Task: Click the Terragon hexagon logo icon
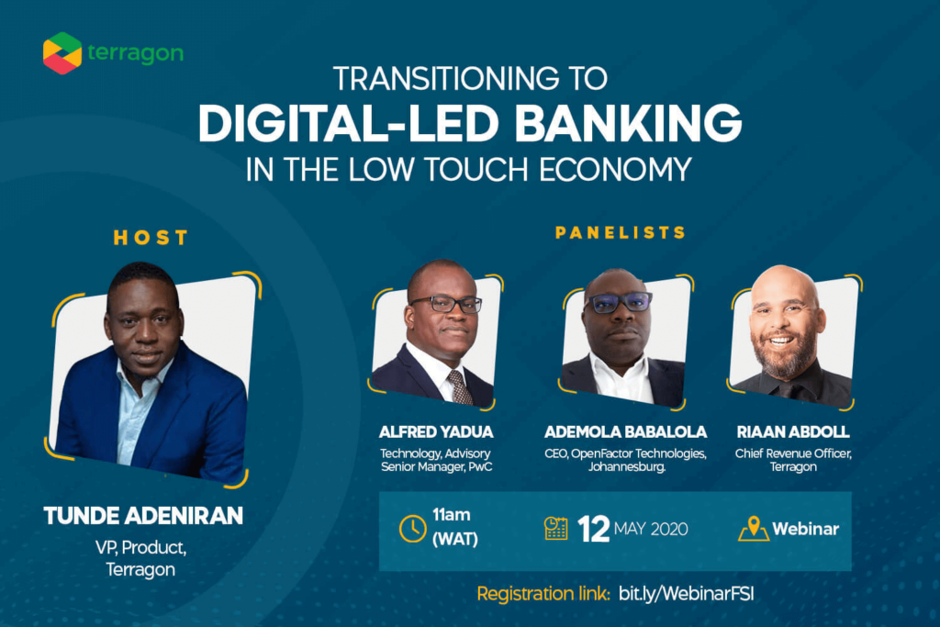point(62,53)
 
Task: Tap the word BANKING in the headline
point(628,124)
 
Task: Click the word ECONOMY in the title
point(616,169)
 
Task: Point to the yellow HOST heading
point(151,238)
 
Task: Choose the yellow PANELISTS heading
point(621,232)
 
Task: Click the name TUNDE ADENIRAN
point(143,516)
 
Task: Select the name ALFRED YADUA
point(436,432)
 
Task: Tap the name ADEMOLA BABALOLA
point(625,432)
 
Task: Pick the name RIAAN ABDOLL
point(792,432)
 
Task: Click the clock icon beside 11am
point(412,529)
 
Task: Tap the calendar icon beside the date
point(555,528)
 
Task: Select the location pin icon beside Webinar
point(754,528)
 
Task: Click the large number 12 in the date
point(594,530)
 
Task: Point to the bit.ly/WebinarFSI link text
point(687,594)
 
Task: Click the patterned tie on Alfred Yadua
point(461,387)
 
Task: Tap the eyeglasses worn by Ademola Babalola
point(618,302)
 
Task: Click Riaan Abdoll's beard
point(783,354)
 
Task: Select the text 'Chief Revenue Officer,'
point(793,453)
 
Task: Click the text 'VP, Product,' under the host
point(140,548)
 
